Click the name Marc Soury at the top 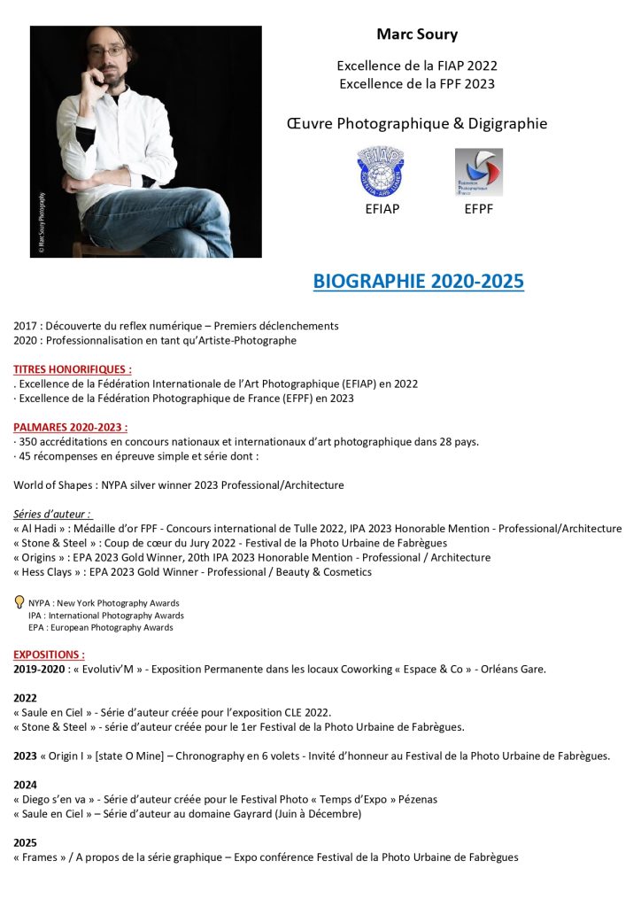(x=417, y=35)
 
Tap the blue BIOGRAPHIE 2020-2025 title (x=418, y=282)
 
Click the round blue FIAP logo (x=381, y=172)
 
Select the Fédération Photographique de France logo (x=478, y=172)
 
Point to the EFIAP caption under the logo (x=382, y=210)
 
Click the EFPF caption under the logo (x=478, y=210)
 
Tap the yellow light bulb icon (x=19, y=602)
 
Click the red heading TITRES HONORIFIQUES (x=73, y=368)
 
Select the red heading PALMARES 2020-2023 (x=71, y=427)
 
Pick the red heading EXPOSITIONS (x=49, y=655)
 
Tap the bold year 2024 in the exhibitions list (x=26, y=784)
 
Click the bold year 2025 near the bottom (x=26, y=842)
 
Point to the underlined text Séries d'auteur (x=52, y=514)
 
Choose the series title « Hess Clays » (x=44, y=572)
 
